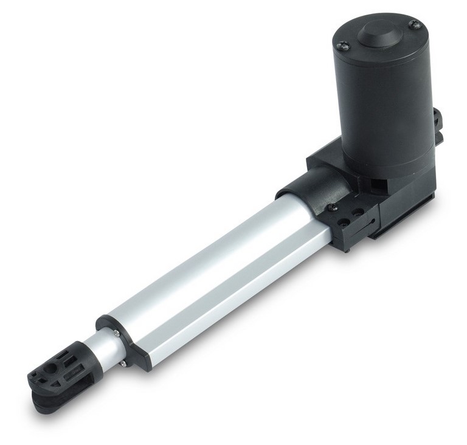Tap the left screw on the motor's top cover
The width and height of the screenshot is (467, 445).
tap(341, 45)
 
